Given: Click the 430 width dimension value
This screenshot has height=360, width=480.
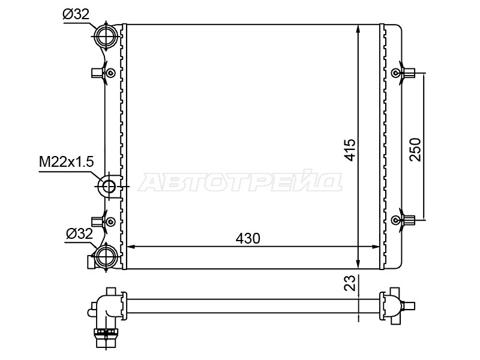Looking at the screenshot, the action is [248, 238].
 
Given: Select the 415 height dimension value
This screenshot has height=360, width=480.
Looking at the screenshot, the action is [350, 149].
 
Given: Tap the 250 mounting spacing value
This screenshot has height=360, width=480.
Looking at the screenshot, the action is [415, 149].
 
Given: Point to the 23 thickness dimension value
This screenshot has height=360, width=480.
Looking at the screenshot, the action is [350, 282].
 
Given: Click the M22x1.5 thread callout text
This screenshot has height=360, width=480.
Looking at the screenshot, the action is [66, 162].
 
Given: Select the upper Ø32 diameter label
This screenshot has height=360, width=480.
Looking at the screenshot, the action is [76, 14].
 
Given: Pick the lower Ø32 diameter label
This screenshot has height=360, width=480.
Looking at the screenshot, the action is [79, 234].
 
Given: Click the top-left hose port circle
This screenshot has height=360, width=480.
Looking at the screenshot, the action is [106, 36].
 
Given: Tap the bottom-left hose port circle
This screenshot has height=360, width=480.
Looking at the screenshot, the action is [106, 257].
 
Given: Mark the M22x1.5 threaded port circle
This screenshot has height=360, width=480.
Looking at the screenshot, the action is [109, 186].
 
